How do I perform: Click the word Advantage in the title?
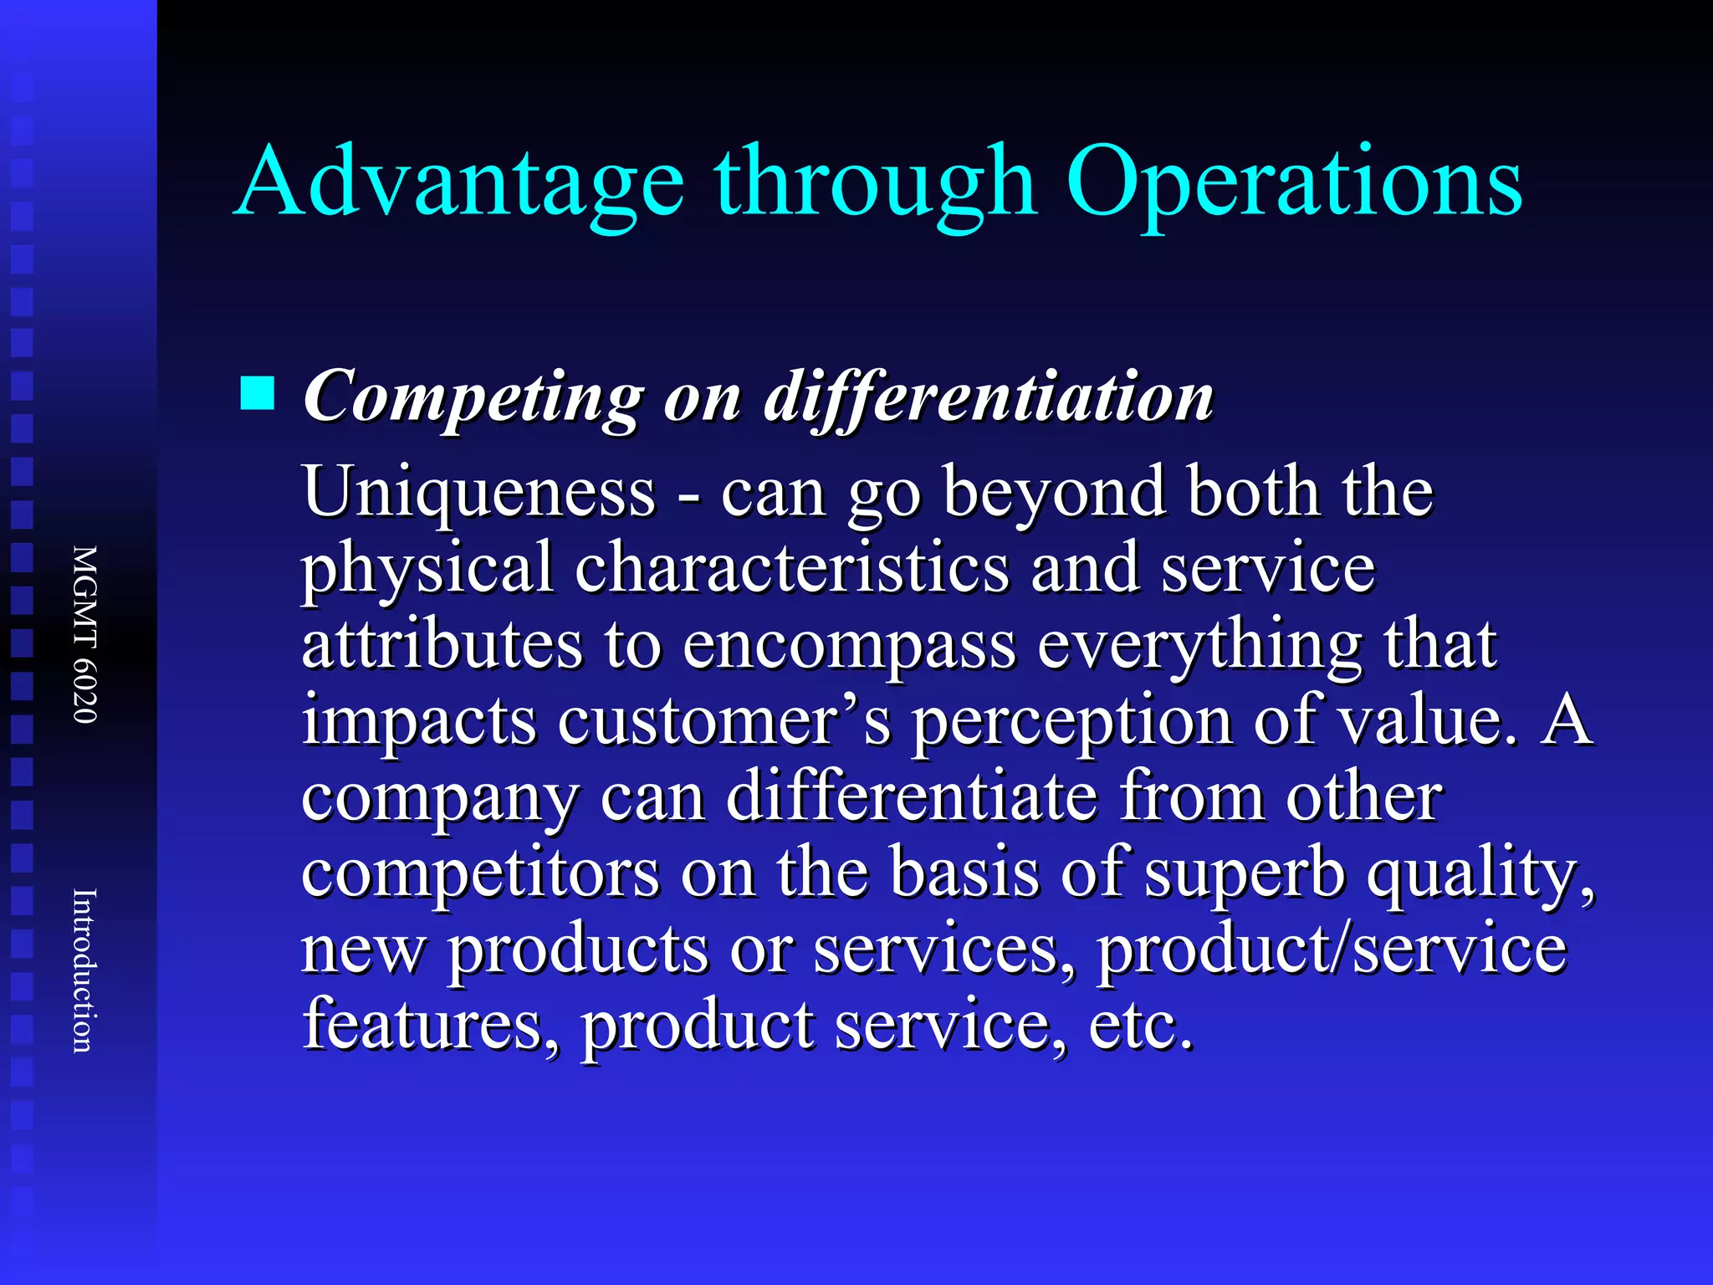pyautogui.click(x=459, y=182)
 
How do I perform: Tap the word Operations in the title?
pyautogui.click(x=1293, y=182)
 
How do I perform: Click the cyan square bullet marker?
pyautogui.click(x=257, y=393)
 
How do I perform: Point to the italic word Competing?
pyautogui.click(x=473, y=397)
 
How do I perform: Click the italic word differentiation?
pyautogui.click(x=989, y=397)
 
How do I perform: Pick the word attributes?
pyautogui.click(x=442, y=644)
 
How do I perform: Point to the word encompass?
pyautogui.click(x=849, y=646)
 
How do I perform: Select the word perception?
pyautogui.click(x=1071, y=721)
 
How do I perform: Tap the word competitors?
pyautogui.click(x=480, y=873)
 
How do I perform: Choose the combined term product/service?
pyautogui.click(x=1332, y=950)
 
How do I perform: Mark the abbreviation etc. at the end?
pyautogui.click(x=1141, y=1026)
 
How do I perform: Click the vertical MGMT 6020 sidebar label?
pyautogui.click(x=85, y=634)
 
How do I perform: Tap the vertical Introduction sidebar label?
pyautogui.click(x=85, y=970)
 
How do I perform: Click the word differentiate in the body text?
pyautogui.click(x=912, y=797)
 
